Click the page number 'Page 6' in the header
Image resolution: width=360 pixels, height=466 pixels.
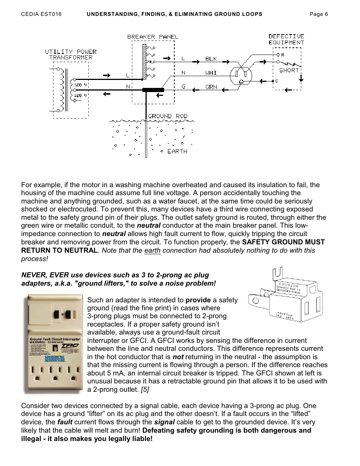[319, 14]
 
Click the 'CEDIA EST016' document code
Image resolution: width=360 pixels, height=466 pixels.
[41, 14]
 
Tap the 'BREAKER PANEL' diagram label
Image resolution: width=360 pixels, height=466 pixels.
[153, 37]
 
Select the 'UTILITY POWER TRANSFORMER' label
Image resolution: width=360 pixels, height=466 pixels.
[71, 55]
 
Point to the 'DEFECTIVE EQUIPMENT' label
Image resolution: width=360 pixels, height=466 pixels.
[286, 39]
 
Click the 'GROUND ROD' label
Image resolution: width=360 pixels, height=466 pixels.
[165, 116]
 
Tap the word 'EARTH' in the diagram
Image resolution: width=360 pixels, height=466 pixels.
[177, 151]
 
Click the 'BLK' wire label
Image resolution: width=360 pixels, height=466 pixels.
[211, 59]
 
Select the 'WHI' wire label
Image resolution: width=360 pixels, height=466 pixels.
[211, 73]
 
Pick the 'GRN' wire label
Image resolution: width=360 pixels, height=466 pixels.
[211, 87]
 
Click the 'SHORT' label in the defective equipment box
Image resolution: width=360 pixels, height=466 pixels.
[289, 70]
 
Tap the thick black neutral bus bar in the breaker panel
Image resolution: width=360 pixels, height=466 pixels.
[153, 90]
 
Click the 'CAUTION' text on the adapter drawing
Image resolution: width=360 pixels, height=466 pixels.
[288, 285]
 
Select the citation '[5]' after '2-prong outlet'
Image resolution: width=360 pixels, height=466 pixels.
[144, 389]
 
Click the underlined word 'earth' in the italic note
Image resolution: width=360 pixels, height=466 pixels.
[152, 250]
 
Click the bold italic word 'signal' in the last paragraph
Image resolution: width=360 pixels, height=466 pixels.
[164, 422]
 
